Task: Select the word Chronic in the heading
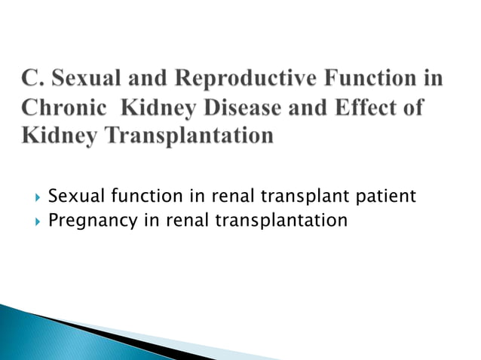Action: pos(61,109)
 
